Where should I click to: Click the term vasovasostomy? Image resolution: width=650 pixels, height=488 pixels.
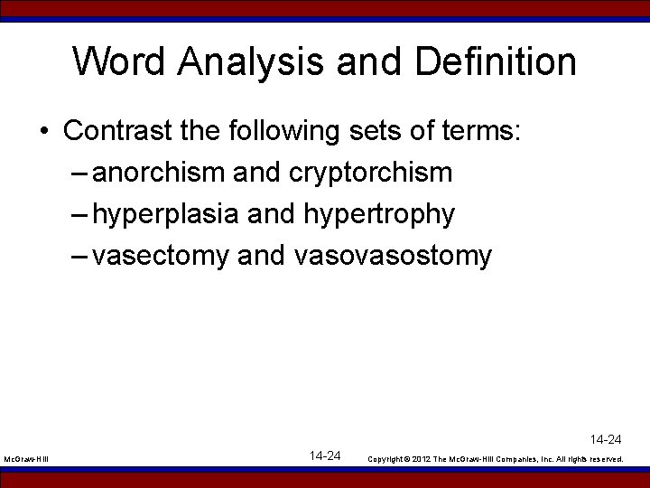point(393,257)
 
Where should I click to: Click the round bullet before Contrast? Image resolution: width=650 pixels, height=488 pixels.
point(43,132)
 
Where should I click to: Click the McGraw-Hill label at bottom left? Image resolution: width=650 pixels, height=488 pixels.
point(26,459)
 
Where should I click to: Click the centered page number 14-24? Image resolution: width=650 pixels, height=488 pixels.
point(325,455)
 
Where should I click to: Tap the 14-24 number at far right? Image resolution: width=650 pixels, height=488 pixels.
point(606,440)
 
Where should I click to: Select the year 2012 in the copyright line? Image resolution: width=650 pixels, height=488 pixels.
point(422,459)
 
